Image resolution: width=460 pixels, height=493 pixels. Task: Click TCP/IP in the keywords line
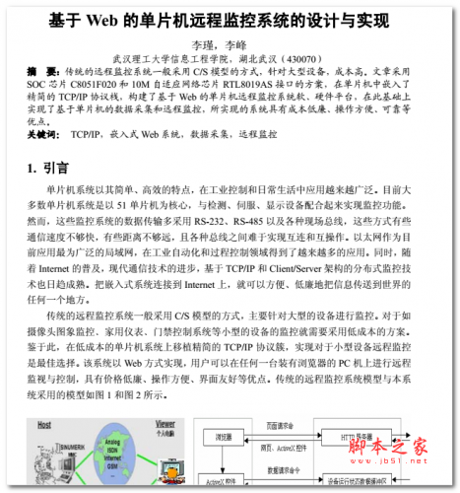coord(90,133)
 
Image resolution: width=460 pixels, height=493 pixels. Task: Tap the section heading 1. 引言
coord(48,169)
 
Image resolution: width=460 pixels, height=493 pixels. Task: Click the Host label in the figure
coord(45,427)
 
